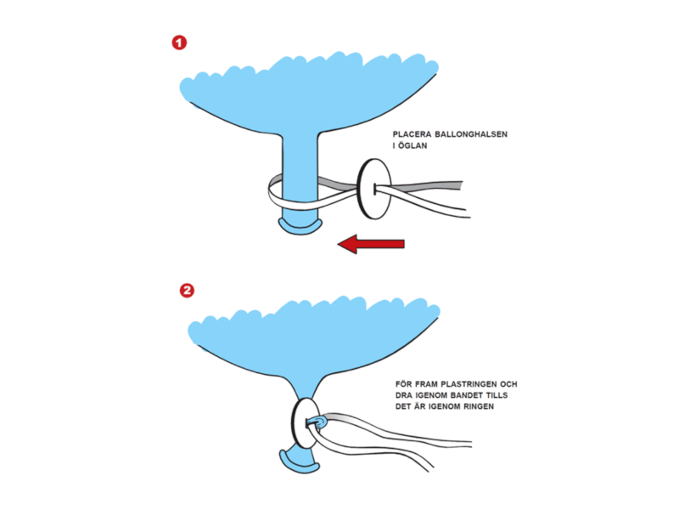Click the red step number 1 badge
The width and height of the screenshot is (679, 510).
179,43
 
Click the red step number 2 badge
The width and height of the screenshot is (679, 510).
187,290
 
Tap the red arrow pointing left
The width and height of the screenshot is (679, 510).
371,244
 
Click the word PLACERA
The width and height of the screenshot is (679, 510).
412,134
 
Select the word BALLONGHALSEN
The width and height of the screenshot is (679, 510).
471,134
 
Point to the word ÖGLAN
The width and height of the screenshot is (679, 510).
412,145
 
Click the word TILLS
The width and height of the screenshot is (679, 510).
497,395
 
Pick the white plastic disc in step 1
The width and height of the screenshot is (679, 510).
373,188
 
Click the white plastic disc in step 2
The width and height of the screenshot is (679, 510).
306,423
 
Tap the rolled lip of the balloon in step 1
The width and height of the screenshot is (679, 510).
300,227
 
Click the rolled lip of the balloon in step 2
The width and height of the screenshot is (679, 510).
298,464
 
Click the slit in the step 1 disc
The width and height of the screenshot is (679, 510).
374,189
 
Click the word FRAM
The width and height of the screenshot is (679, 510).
427,384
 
